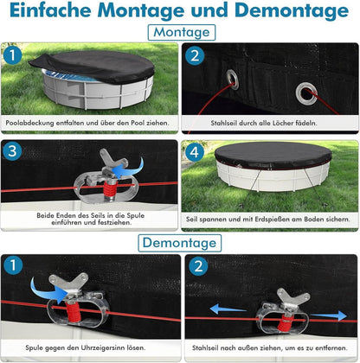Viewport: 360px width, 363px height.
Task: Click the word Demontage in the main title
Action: coord(292,10)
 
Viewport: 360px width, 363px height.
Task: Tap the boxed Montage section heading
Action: coord(182,32)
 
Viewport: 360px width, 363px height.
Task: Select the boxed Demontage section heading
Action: coord(179,243)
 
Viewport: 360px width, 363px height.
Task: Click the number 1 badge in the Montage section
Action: coord(12,54)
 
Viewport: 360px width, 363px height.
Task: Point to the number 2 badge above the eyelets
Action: coord(195,55)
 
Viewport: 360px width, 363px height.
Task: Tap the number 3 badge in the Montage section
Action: coord(12,151)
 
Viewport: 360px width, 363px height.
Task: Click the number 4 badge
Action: coord(194,152)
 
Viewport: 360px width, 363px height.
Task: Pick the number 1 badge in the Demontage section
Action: coord(13,265)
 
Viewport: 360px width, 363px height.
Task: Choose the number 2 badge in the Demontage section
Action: coord(198,266)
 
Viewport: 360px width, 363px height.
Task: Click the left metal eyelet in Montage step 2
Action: coord(232,80)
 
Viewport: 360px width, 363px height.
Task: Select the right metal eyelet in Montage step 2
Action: coord(306,93)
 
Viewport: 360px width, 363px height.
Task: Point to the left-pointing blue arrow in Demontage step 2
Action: coord(228,309)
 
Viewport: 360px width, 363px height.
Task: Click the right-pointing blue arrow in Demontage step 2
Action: coord(329,315)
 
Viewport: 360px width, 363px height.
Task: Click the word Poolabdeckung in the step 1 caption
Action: coord(29,123)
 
